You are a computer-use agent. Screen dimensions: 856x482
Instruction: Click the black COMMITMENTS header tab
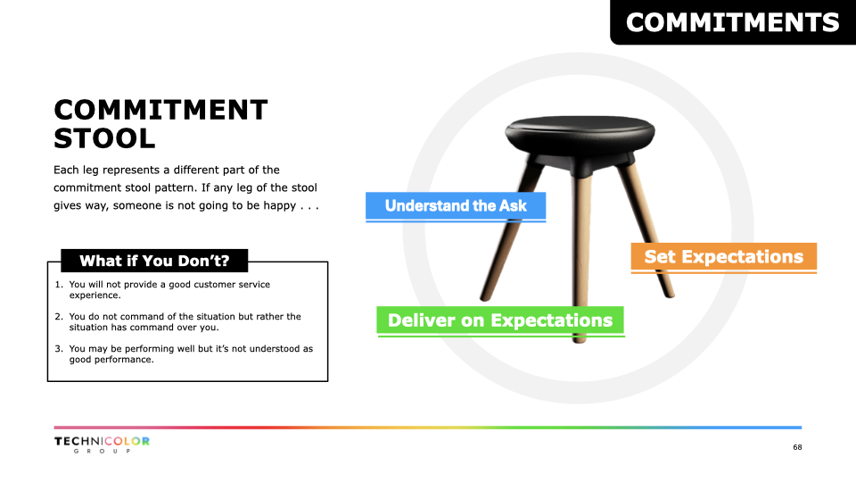click(x=733, y=22)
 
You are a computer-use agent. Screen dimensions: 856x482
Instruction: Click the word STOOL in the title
click(x=104, y=138)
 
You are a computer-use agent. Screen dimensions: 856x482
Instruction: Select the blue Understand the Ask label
click(x=456, y=206)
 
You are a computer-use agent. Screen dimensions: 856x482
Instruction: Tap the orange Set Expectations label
click(x=724, y=257)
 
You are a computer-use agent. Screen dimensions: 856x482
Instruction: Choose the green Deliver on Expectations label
click(x=500, y=320)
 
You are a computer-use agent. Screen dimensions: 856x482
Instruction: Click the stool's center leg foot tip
click(x=580, y=340)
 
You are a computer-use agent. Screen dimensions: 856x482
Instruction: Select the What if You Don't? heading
click(x=154, y=261)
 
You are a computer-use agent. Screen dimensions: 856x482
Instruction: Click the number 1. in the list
click(x=59, y=284)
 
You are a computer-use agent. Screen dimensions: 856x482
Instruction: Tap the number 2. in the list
click(x=59, y=316)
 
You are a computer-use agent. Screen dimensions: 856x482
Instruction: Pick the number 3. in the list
click(x=59, y=349)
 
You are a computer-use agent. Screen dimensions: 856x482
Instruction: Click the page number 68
click(x=797, y=447)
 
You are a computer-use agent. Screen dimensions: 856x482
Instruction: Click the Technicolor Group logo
click(x=102, y=445)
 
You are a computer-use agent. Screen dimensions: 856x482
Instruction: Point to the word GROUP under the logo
click(x=102, y=451)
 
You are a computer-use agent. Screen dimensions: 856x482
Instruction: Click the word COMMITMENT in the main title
click(x=160, y=110)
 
